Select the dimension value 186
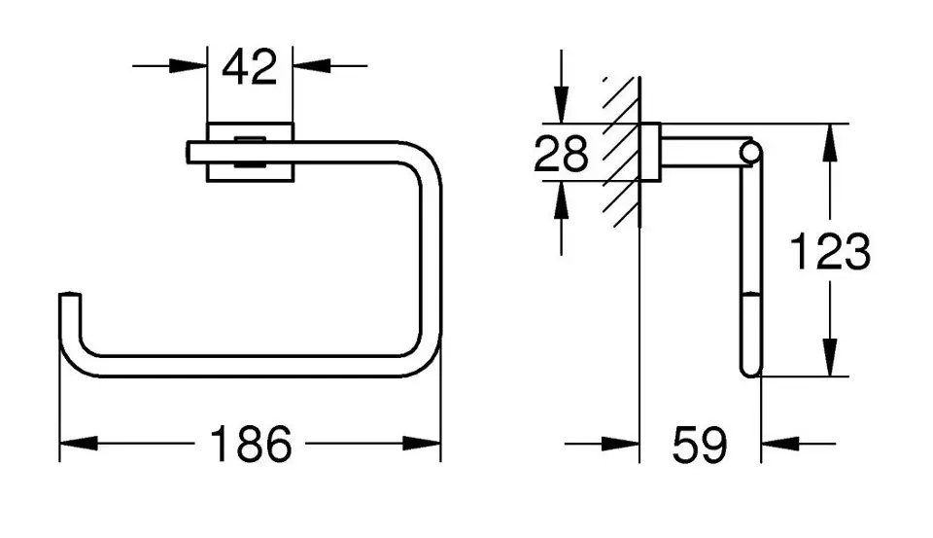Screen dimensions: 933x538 (x=251, y=444)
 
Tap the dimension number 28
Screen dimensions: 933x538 (x=561, y=154)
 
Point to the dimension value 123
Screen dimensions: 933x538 (x=829, y=251)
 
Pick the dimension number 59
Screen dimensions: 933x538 (x=700, y=445)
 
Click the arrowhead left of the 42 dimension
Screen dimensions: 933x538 (x=188, y=65)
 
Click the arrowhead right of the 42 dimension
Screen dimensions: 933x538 (x=312, y=65)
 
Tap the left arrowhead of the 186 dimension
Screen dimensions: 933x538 (x=79, y=444)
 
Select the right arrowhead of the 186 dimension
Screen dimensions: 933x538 (x=422, y=444)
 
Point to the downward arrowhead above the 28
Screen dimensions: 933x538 (x=561, y=105)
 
